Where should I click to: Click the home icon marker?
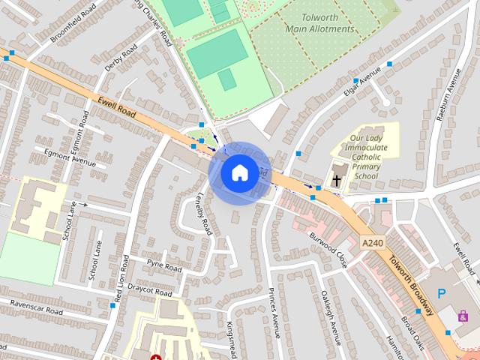tap(238, 172)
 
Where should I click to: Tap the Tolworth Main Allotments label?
tap(319, 23)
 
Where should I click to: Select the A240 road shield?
tap(372, 242)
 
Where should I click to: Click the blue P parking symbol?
tap(441, 295)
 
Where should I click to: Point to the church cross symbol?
tap(337, 180)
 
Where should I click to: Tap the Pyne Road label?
tap(164, 265)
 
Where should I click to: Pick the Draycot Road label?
tap(150, 289)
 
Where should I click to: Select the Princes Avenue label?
tap(273, 311)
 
